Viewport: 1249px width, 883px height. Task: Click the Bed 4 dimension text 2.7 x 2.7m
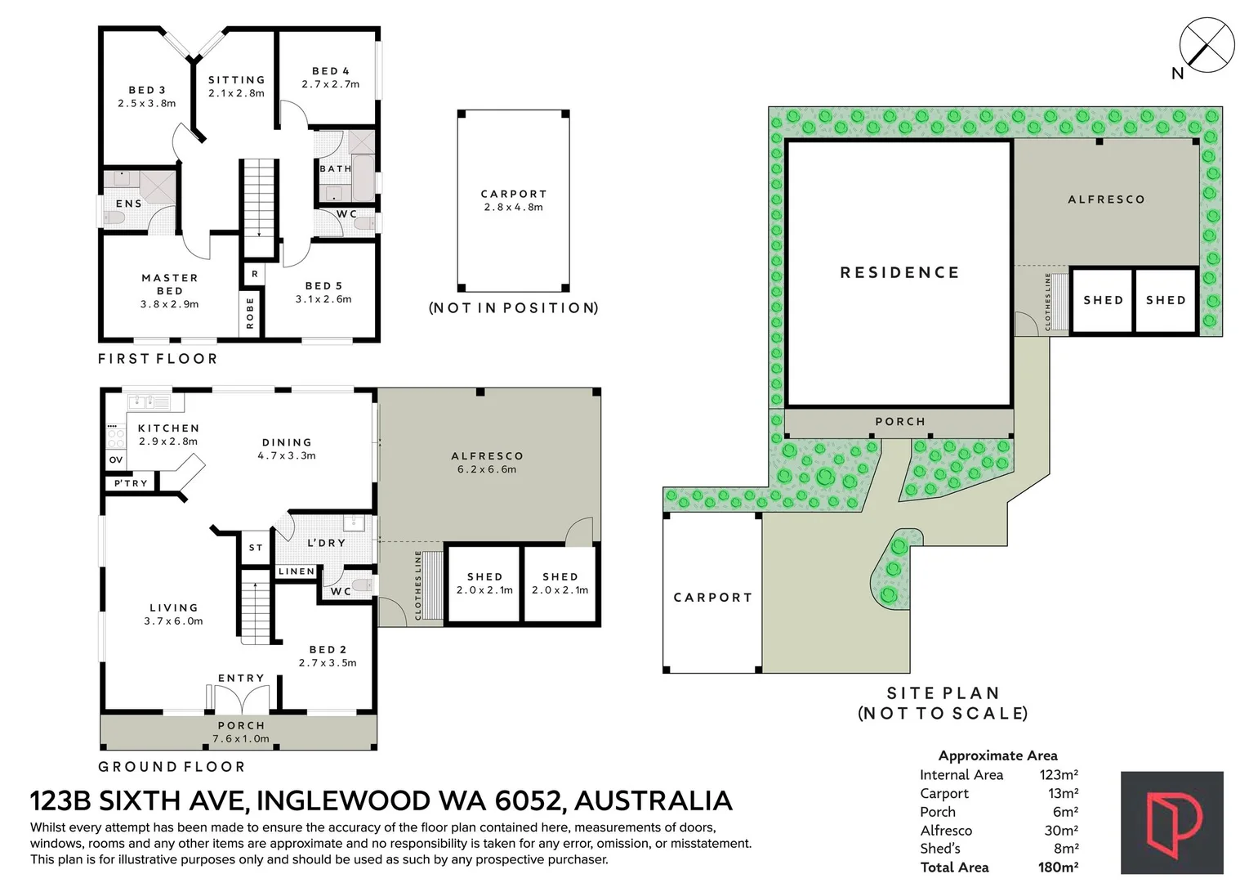tap(331, 84)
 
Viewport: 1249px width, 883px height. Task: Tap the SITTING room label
tap(236, 80)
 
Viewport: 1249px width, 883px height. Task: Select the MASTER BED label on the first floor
tap(170, 284)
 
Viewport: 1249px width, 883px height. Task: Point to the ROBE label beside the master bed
tap(250, 313)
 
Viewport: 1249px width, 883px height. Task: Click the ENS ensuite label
tap(129, 204)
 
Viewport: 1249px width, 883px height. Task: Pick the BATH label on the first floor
tap(336, 168)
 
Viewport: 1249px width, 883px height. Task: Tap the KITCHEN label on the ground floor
tap(168, 428)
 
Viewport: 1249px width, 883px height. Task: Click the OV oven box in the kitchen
tap(116, 460)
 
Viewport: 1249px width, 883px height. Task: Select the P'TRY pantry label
tap(131, 483)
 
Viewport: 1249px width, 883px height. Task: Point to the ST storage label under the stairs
tap(256, 548)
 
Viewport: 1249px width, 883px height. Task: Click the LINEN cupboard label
tap(297, 571)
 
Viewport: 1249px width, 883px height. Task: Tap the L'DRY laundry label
tap(327, 543)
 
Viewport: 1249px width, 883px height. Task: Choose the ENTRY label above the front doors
tap(241, 678)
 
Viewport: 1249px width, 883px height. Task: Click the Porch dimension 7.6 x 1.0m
tap(241, 738)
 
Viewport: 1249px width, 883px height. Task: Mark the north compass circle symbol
tap(1207, 45)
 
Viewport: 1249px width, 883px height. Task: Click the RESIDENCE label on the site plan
tap(899, 272)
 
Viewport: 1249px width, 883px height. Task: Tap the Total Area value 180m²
tap(1058, 867)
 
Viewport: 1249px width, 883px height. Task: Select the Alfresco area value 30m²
tap(1061, 830)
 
